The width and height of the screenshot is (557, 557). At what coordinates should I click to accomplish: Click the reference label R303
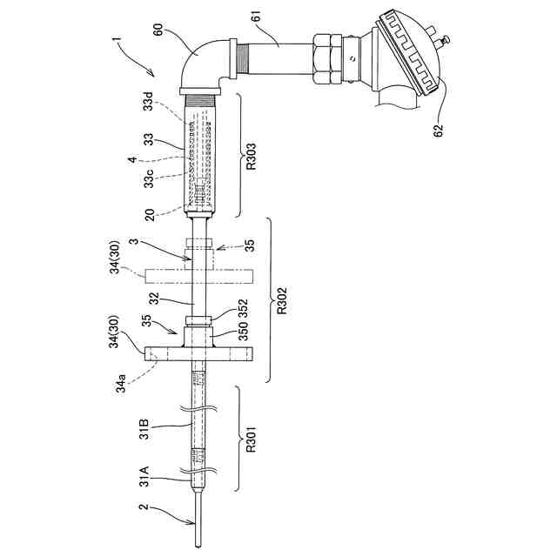point(252,157)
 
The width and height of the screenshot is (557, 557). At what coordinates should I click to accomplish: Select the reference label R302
point(282,301)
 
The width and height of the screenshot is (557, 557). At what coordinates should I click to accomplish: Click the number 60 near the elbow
point(158,29)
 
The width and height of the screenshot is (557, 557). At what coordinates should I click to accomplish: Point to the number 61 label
point(256,17)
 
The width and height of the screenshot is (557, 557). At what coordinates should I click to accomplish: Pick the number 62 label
point(439,131)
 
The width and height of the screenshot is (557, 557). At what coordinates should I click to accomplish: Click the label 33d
point(149,101)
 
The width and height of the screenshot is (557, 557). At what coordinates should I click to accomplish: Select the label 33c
point(149,178)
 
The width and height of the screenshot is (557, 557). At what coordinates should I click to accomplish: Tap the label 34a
point(122,383)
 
